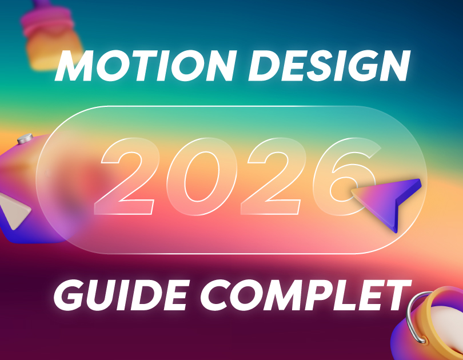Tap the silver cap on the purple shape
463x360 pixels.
25,138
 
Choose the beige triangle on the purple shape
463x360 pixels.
14,210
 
